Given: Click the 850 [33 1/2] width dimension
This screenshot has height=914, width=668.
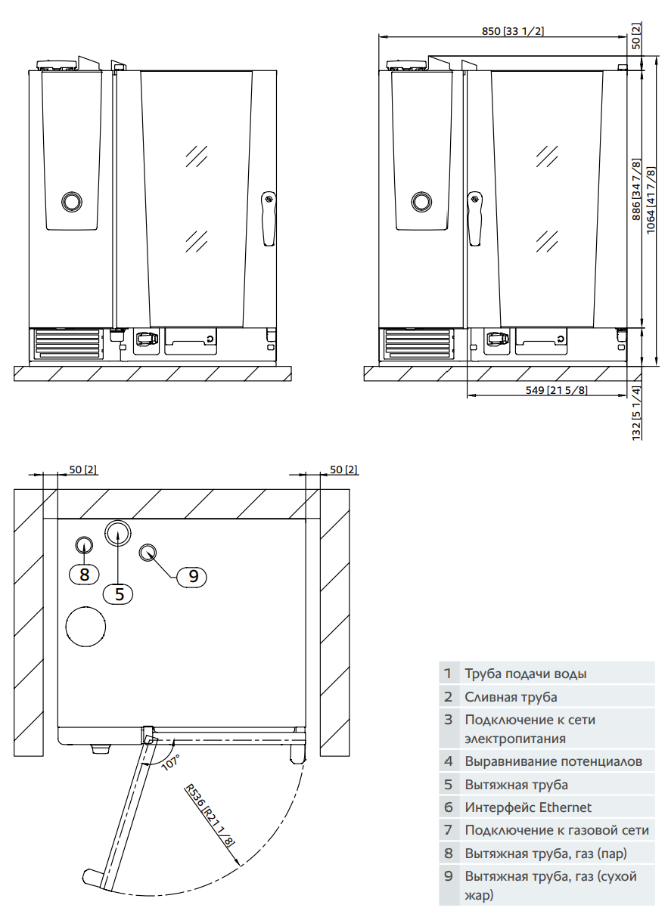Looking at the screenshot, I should coord(513,31).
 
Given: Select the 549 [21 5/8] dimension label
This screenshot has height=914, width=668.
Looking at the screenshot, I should coord(556,389).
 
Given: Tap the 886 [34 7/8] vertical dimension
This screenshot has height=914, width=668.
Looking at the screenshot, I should coord(636,189).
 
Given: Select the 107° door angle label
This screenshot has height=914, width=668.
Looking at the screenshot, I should coord(170,761).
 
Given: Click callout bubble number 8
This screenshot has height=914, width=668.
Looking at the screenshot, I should coord(84,575).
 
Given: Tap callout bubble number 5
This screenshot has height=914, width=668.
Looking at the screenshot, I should coord(119,593).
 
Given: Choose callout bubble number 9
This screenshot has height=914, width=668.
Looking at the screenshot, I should coord(193,576).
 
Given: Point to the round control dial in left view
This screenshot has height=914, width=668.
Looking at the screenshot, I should coord(72,201).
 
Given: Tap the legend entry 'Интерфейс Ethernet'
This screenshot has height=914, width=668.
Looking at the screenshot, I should coord(528,807).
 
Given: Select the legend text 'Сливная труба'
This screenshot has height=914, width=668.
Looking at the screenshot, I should coord(511,696).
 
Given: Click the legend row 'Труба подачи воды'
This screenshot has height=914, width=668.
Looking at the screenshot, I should coord(525,673).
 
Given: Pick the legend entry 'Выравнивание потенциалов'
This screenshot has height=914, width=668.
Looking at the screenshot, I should coord(553,761).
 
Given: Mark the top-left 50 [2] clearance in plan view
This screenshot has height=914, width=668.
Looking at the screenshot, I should coord(82,469).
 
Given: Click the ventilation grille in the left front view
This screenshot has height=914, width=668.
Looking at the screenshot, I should coord(67,344).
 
